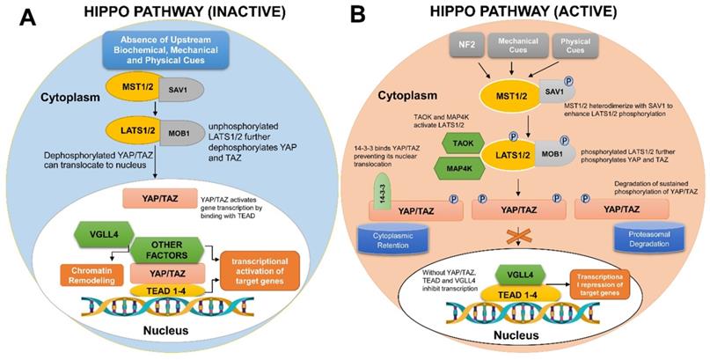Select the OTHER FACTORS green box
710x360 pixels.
pyautogui.click(x=165, y=249)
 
